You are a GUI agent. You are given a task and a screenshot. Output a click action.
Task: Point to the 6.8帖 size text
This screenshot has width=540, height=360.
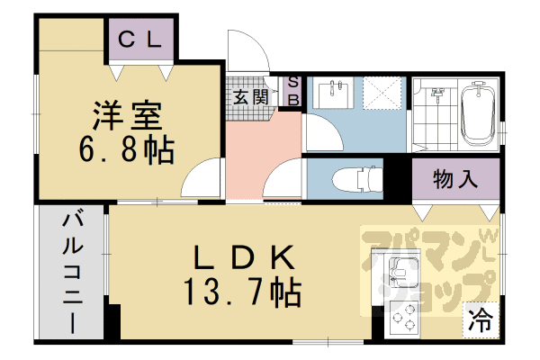point(126,148)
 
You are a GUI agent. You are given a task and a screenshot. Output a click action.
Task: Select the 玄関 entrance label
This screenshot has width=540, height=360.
point(250,96)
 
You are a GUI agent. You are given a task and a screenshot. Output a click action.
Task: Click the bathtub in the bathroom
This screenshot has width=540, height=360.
point(476,115)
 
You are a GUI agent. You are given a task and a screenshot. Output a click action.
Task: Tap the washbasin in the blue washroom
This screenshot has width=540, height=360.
point(337,93)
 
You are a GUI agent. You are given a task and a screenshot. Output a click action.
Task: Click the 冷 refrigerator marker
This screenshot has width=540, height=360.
point(482,319)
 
